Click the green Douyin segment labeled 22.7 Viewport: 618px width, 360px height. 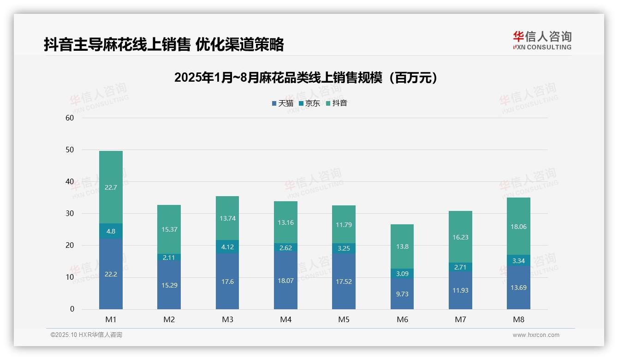[x=111, y=187]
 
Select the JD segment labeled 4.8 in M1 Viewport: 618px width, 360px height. [x=111, y=231]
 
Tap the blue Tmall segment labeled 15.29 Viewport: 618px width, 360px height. [x=169, y=285]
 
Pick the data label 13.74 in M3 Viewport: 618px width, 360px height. [x=227, y=218]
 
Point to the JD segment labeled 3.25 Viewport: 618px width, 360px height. [x=344, y=248]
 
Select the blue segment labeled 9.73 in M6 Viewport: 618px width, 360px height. [x=402, y=294]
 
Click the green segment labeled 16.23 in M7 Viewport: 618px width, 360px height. [x=460, y=237]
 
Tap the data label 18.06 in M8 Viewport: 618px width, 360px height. [x=518, y=227]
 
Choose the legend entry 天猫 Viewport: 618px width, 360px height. [x=283, y=103]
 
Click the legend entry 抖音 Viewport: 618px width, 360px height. [x=337, y=103]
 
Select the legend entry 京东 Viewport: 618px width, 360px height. [x=309, y=103]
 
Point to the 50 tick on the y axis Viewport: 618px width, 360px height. [x=70, y=150]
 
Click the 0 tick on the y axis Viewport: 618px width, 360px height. [x=72, y=309]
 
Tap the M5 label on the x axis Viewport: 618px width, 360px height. [x=344, y=319]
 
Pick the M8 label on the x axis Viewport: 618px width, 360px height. [x=518, y=319]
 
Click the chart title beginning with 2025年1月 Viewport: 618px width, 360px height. [x=305, y=78]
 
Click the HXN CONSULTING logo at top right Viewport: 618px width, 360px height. [x=542, y=41]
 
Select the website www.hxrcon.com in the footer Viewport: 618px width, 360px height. [x=536, y=335]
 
